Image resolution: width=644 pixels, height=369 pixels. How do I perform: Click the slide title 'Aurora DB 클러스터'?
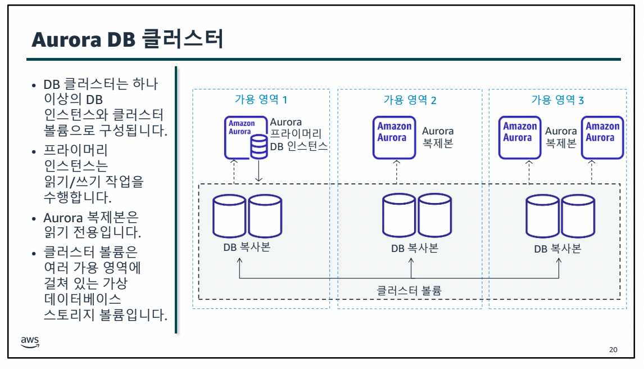coord(128,39)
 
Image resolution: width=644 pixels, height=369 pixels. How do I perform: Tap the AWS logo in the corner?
coord(30,342)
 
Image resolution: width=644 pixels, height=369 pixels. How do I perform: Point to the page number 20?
coord(613,350)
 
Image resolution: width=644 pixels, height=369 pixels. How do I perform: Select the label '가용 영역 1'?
coord(261,100)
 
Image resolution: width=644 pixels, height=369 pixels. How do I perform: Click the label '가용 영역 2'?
coord(410,100)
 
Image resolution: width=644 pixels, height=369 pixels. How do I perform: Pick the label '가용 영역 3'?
coord(557,100)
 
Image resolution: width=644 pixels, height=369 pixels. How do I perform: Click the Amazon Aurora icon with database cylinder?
coord(246,137)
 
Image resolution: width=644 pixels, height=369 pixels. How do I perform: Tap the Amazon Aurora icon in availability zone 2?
coord(394,137)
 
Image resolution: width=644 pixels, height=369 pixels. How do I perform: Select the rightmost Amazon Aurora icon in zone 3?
coord(602,137)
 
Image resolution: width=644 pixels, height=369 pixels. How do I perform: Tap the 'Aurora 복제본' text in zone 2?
coord(438,137)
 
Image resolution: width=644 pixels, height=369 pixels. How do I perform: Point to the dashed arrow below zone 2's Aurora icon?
coord(396,171)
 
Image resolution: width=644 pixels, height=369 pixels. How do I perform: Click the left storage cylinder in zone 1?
coord(230,216)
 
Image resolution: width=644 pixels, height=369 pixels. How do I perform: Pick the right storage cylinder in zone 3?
coord(578,216)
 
